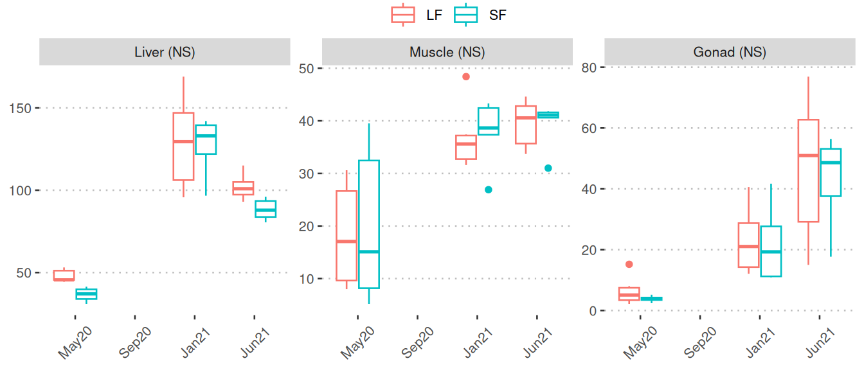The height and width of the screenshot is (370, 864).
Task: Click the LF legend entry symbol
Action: click(x=403, y=14)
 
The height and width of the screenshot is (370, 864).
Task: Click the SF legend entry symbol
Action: click(x=465, y=14)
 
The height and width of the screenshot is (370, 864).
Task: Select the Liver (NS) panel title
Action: click(x=165, y=53)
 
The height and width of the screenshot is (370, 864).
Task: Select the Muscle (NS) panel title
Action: click(x=447, y=53)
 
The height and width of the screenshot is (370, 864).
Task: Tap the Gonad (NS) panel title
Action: click(x=730, y=53)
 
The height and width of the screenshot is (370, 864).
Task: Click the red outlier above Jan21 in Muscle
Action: click(x=466, y=76)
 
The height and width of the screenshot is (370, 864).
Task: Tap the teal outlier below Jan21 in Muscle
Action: click(x=489, y=189)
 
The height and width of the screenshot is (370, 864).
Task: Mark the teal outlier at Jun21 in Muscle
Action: click(x=548, y=168)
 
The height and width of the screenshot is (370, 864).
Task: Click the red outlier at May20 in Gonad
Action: click(x=629, y=264)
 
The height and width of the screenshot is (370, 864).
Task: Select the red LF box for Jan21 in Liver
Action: click(x=183, y=146)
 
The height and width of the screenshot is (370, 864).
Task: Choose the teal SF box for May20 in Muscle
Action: click(x=369, y=224)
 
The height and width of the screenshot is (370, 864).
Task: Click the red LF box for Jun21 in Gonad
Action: click(x=808, y=171)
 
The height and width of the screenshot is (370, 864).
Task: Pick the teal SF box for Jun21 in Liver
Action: click(x=265, y=209)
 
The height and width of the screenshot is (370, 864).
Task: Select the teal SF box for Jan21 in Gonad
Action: click(x=771, y=251)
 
